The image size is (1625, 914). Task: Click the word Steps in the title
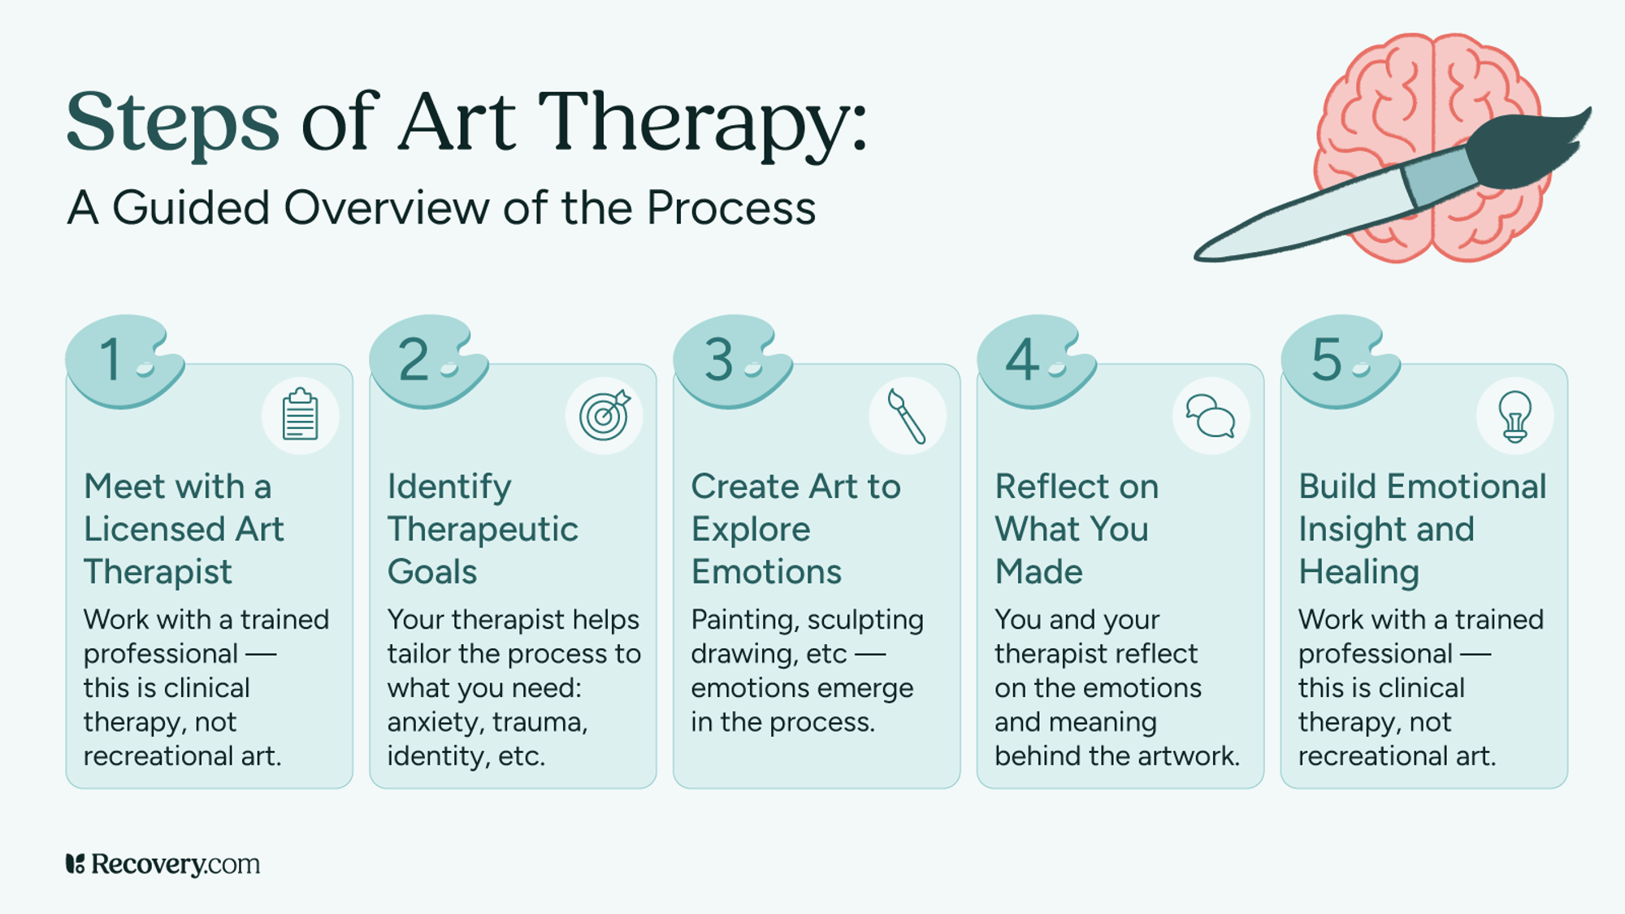pos(172,123)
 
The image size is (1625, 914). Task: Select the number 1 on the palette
pos(111,360)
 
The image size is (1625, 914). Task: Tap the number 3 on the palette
pos(718,360)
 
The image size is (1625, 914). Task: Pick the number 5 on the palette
pos(1326,360)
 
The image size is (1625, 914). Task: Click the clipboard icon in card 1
pos(300,415)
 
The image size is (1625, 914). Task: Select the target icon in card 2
pos(604,415)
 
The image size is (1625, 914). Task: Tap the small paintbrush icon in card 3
pos(907,415)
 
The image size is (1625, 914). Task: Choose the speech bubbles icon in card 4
pos(1211,415)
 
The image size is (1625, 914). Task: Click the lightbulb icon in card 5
pos(1514,415)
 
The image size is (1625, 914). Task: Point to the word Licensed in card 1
pos(154,530)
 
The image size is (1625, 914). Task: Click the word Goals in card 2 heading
pos(432,572)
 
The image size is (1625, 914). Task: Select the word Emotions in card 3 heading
pos(766,572)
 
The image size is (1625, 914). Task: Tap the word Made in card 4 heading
pos(1039,572)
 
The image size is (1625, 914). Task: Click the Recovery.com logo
pos(162,864)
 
